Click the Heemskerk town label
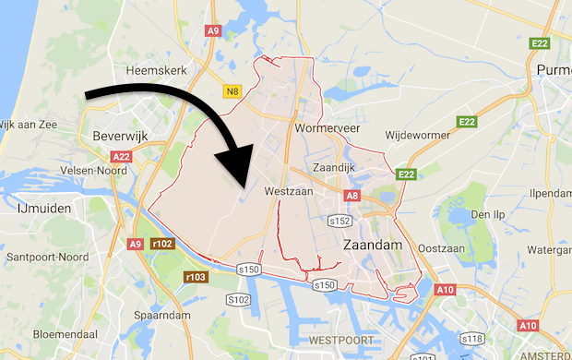point(150,70)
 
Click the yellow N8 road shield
point(232,90)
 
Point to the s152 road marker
point(340,222)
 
